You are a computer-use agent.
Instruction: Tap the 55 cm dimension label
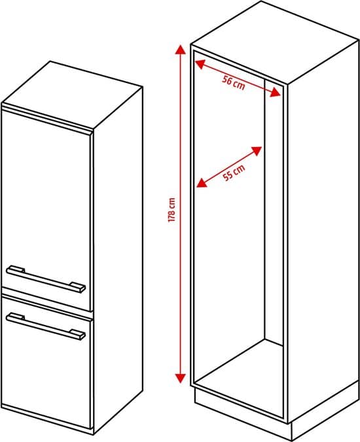[234, 173]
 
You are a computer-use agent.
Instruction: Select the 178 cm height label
[171, 210]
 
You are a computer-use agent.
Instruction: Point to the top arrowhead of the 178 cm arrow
[181, 51]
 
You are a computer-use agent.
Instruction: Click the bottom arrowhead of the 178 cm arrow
[180, 378]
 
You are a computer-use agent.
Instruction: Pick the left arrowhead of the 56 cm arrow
[200, 65]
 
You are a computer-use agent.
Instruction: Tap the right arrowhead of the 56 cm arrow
[276, 92]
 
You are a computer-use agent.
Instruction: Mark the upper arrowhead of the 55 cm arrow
[257, 152]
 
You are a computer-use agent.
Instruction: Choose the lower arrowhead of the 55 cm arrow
[202, 182]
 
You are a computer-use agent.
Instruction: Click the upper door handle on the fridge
[46, 279]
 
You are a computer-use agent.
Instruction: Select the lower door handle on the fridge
[46, 327]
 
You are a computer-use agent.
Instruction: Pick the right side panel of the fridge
[118, 260]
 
